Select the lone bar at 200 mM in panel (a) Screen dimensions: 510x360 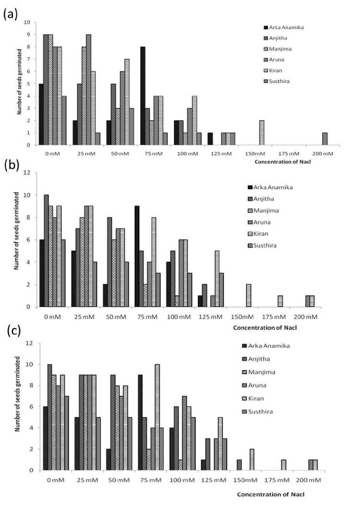[324, 139]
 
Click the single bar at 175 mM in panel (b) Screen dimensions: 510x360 [280, 301]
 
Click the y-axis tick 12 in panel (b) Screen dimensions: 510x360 [26, 173]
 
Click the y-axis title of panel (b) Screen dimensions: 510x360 [17, 230]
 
